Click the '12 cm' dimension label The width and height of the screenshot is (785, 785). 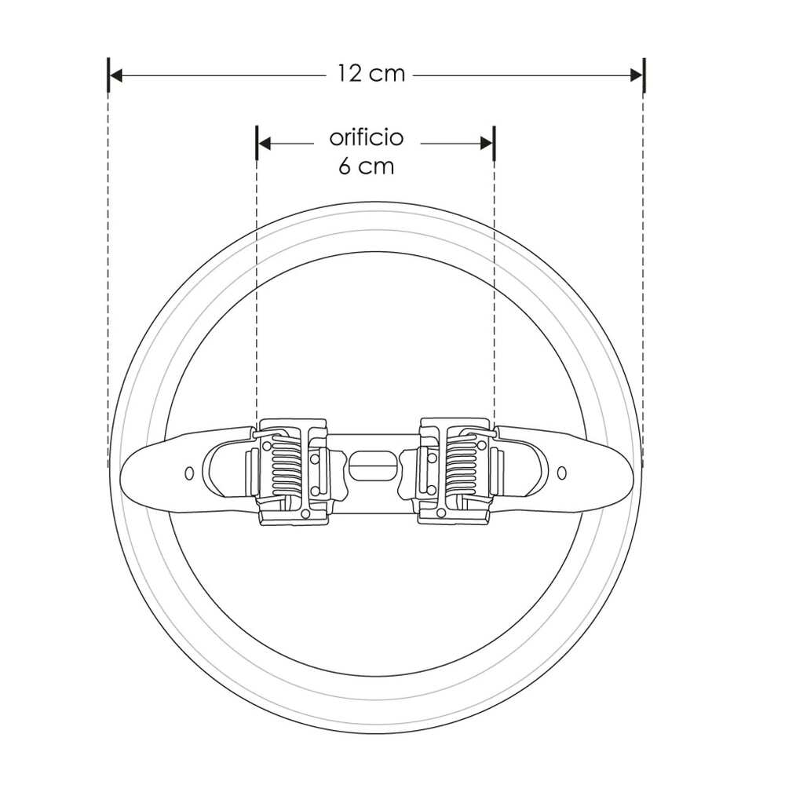371,75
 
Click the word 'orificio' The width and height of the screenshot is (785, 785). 366,138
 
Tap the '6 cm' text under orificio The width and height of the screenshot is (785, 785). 366,167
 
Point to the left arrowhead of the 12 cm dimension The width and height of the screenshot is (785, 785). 115,75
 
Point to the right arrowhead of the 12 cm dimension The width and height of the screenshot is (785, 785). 637,75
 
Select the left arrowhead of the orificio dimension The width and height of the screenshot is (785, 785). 264,143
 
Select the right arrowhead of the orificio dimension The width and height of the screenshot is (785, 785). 487,143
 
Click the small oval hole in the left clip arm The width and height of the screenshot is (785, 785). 188,473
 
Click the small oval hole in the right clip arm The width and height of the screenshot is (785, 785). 561,472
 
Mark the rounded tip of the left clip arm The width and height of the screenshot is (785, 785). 125,470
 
